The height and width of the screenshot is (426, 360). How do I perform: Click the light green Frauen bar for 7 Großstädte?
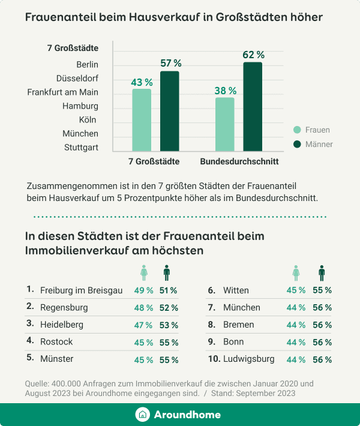coord(142,120)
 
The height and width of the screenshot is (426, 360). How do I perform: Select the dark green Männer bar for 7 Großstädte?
coord(169,111)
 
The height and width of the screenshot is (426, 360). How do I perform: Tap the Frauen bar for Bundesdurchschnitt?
coord(224,124)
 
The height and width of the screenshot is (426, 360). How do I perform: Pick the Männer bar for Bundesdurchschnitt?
coord(253,106)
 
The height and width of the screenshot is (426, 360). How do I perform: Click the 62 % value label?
coord(253,55)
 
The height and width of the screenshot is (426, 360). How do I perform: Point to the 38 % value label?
coord(225,91)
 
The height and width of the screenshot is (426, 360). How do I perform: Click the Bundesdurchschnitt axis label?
coord(239,161)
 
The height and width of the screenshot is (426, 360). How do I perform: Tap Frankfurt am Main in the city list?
coord(62,92)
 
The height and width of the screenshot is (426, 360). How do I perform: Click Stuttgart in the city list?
coord(81,148)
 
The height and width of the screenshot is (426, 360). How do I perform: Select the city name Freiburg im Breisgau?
coord(81,290)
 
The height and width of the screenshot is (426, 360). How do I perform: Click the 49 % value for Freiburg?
coord(143,290)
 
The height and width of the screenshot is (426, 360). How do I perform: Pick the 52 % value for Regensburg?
coord(169,308)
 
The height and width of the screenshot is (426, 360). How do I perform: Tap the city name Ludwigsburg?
coord(248,359)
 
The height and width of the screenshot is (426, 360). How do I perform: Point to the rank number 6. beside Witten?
coord(211,290)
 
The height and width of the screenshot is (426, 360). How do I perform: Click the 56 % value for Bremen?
coord(322,325)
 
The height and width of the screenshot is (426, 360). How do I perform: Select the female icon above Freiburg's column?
coord(143,273)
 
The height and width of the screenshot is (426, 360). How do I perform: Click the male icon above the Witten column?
coord(322,273)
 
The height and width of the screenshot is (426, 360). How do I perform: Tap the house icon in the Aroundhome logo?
coord(143,415)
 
